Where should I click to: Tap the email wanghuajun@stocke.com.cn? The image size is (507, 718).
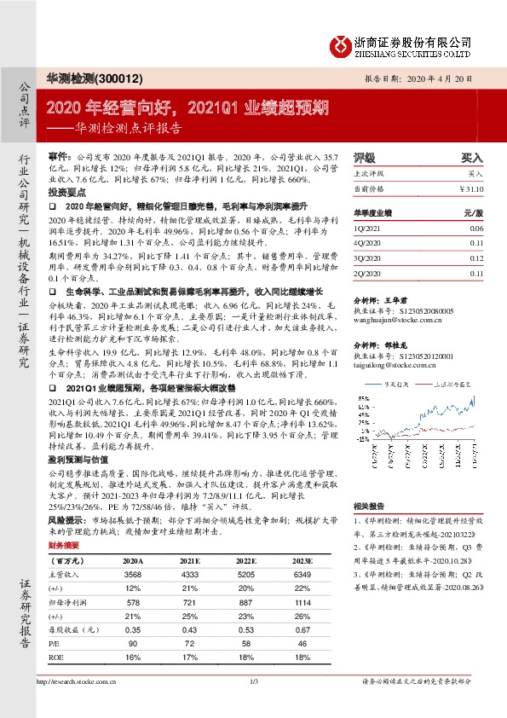tap(395, 321)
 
